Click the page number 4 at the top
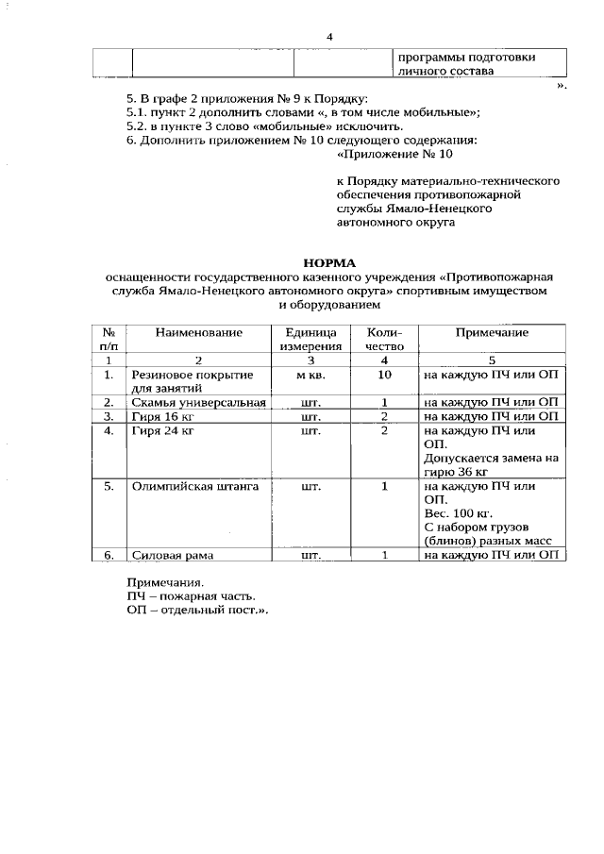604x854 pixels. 330,37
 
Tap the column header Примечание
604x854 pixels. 492,333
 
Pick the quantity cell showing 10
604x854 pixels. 384,375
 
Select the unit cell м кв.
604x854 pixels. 307,375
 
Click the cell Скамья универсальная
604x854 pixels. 199,402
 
